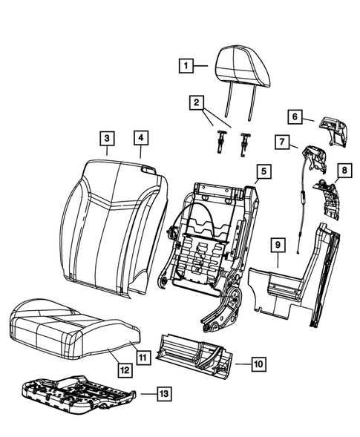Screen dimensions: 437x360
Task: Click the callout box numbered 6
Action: point(294,116)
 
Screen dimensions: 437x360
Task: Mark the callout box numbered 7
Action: point(284,141)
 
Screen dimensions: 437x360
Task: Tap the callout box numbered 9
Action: point(276,244)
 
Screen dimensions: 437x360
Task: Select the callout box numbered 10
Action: point(257,364)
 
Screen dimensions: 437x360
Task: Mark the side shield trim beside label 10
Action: point(197,352)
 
